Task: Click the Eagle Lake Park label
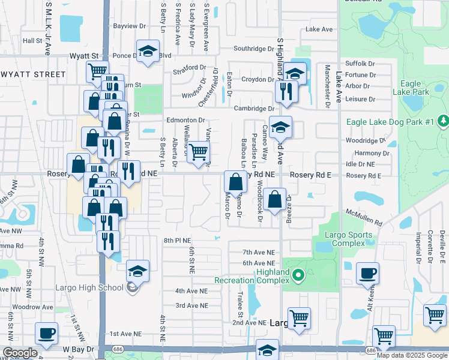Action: tap(410, 88)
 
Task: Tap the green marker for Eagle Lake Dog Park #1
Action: tap(444, 121)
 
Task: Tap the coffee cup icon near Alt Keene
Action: tap(367, 274)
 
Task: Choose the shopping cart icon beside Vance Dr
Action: tap(198, 152)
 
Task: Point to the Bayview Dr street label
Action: tap(130, 26)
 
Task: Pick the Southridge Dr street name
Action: tap(253, 48)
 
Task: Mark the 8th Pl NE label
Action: tap(176, 240)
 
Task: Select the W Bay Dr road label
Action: tap(75, 349)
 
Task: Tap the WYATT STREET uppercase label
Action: tap(33, 74)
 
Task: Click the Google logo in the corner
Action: tap(20, 353)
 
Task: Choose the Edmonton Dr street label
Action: tap(185, 120)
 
